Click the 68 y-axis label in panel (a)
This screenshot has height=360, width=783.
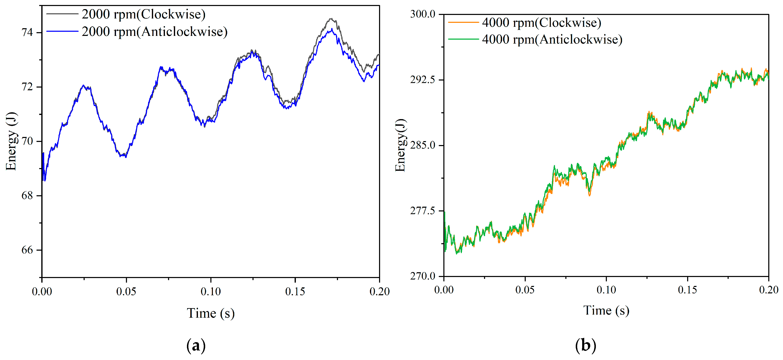point(27,195)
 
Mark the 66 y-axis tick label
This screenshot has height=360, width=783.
point(27,250)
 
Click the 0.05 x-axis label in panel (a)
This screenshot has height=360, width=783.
point(126,292)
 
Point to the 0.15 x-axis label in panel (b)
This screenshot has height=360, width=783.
point(688,290)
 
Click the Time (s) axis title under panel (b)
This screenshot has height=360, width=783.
point(606,310)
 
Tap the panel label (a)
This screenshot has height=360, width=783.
point(196,346)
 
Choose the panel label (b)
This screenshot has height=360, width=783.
point(585,346)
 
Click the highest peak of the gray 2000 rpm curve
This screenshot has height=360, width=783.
point(331,19)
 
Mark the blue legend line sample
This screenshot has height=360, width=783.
point(62,31)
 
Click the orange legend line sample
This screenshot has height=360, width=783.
point(463,22)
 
